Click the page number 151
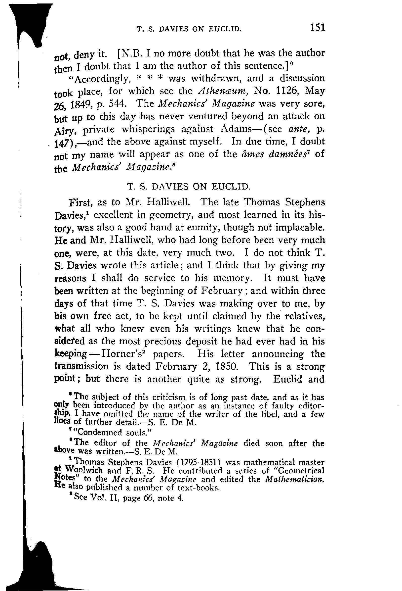click(318, 27)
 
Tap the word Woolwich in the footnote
click(84, 470)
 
